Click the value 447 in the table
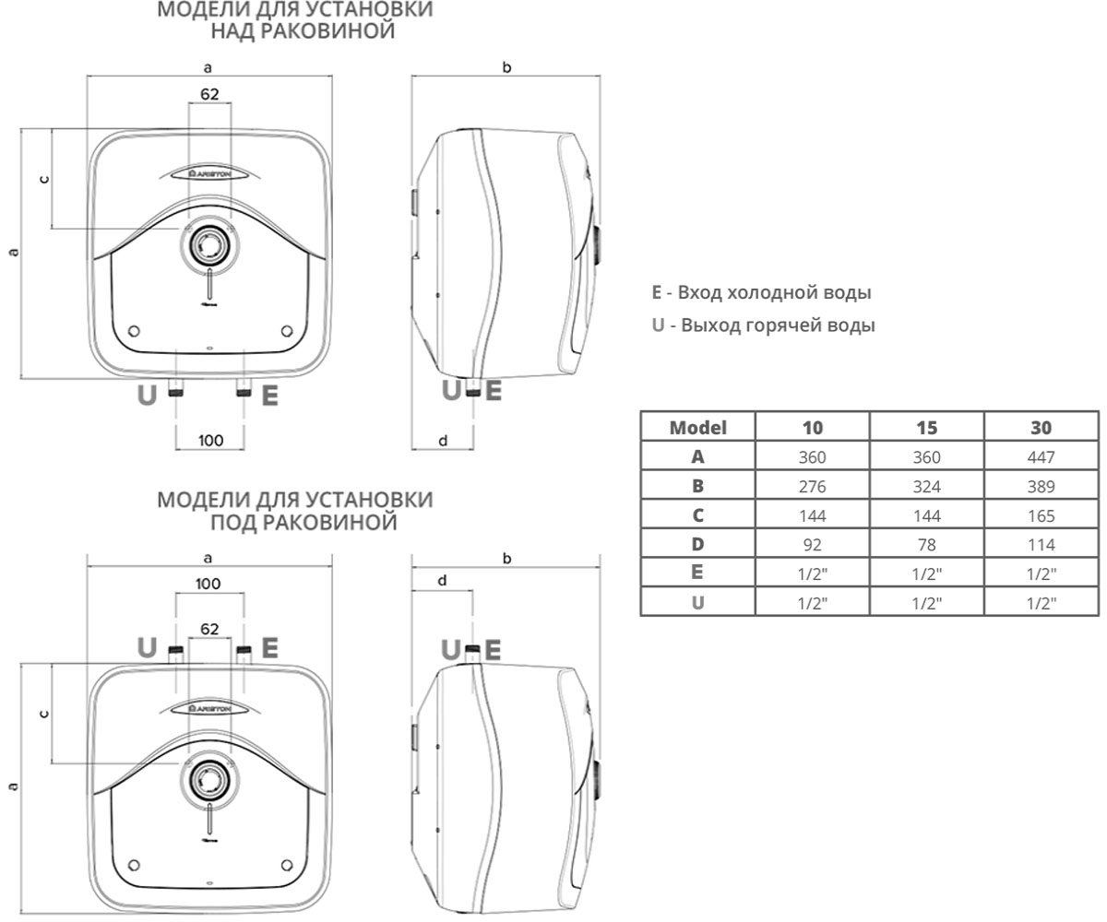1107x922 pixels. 1041,456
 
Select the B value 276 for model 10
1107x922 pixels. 812,487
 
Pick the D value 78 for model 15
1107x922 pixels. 926,545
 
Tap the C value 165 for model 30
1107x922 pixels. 1041,515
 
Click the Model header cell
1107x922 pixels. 697,428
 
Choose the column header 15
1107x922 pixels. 926,428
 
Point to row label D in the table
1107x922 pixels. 697,544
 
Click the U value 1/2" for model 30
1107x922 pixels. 1041,603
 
